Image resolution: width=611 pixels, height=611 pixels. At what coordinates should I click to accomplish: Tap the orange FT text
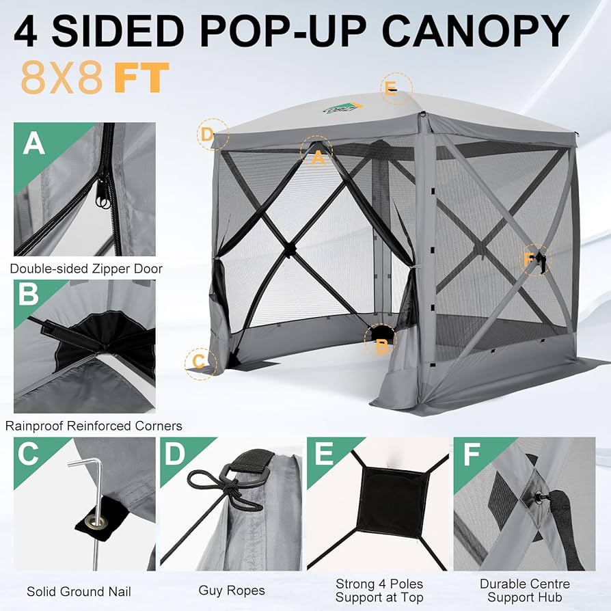(x=141, y=78)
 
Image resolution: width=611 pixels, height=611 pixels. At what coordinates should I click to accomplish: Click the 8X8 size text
(x=62, y=78)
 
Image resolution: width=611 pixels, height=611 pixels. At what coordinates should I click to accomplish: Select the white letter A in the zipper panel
(x=34, y=144)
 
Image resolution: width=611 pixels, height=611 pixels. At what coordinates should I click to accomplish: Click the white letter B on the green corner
(x=29, y=295)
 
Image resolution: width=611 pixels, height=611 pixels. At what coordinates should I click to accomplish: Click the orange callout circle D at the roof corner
(x=208, y=134)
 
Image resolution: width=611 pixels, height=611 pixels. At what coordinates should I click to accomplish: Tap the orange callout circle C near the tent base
(x=199, y=361)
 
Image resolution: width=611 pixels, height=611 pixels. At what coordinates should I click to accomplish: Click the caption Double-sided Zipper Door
(x=86, y=269)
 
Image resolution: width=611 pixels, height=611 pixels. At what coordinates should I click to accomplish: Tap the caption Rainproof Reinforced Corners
(x=94, y=426)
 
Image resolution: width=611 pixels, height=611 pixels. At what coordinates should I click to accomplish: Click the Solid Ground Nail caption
(x=79, y=591)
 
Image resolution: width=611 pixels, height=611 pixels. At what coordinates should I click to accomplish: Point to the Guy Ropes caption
(x=232, y=590)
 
